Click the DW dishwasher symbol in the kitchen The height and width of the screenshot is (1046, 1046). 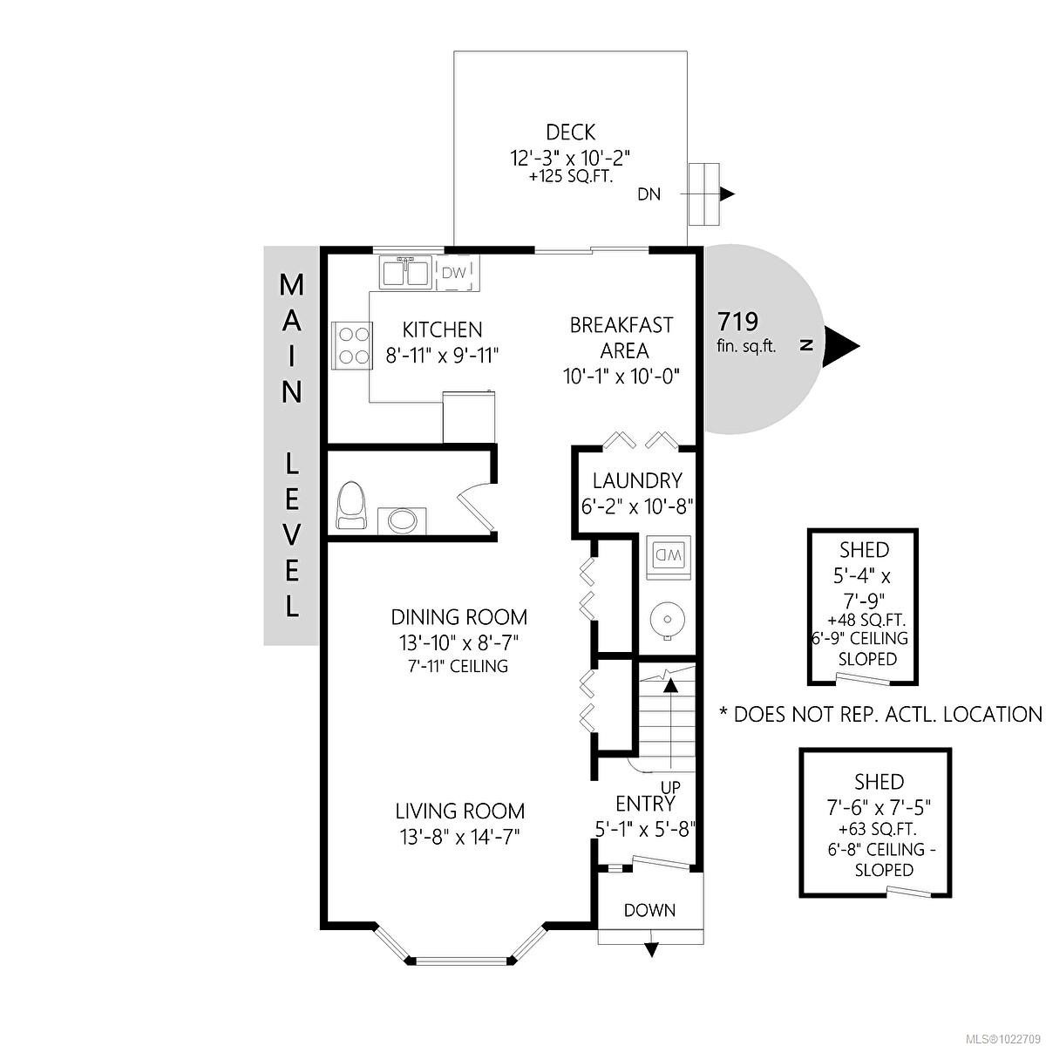click(458, 273)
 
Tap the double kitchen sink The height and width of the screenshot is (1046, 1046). click(404, 273)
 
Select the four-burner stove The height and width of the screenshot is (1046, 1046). click(352, 346)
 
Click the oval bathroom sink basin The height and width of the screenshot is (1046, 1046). click(402, 521)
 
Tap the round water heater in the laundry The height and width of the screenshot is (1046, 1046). click(667, 619)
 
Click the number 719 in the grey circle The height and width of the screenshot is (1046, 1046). click(737, 322)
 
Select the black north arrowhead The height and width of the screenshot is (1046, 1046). click(841, 346)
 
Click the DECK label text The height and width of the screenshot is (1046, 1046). click(570, 132)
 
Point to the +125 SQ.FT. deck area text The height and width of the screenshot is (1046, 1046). click(571, 178)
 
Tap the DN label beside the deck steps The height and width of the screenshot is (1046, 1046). click(649, 194)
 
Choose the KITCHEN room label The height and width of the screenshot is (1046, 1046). click(442, 329)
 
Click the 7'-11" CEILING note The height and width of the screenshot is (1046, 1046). click(459, 666)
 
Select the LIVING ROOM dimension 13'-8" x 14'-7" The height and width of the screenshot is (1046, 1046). click(459, 838)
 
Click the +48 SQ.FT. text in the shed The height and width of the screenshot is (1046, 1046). click(866, 620)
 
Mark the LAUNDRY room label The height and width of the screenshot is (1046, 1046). click(637, 480)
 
